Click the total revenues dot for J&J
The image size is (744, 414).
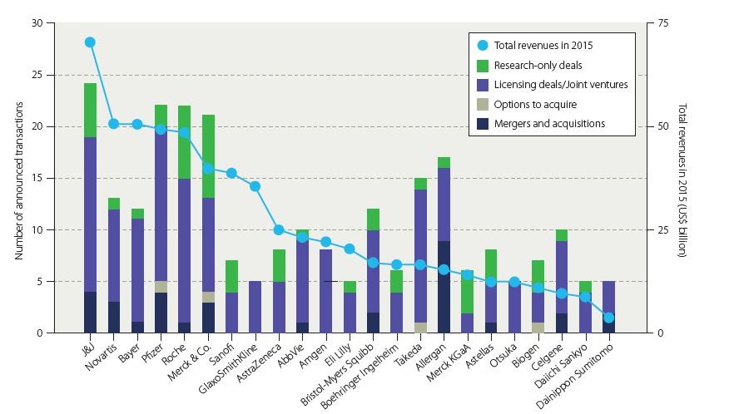pyautogui.click(x=90, y=42)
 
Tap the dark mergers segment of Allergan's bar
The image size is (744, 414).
pyautogui.click(x=444, y=287)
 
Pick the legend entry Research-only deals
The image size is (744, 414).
pyautogui.click(x=538, y=65)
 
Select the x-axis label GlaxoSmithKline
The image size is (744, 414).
pyautogui.click(x=241, y=362)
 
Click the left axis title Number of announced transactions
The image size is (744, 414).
pyautogui.click(x=18, y=177)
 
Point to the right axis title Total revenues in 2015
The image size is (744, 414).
pyautogui.click(x=682, y=179)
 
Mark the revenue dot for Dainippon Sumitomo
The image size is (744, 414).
pyautogui.click(x=608, y=318)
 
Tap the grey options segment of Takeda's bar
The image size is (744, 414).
pyautogui.click(x=420, y=328)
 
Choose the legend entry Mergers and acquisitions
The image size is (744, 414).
pyautogui.click(x=548, y=124)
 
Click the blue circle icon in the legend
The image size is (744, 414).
pyautogui.click(x=483, y=46)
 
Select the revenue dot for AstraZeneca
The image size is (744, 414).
pyautogui.click(x=279, y=229)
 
